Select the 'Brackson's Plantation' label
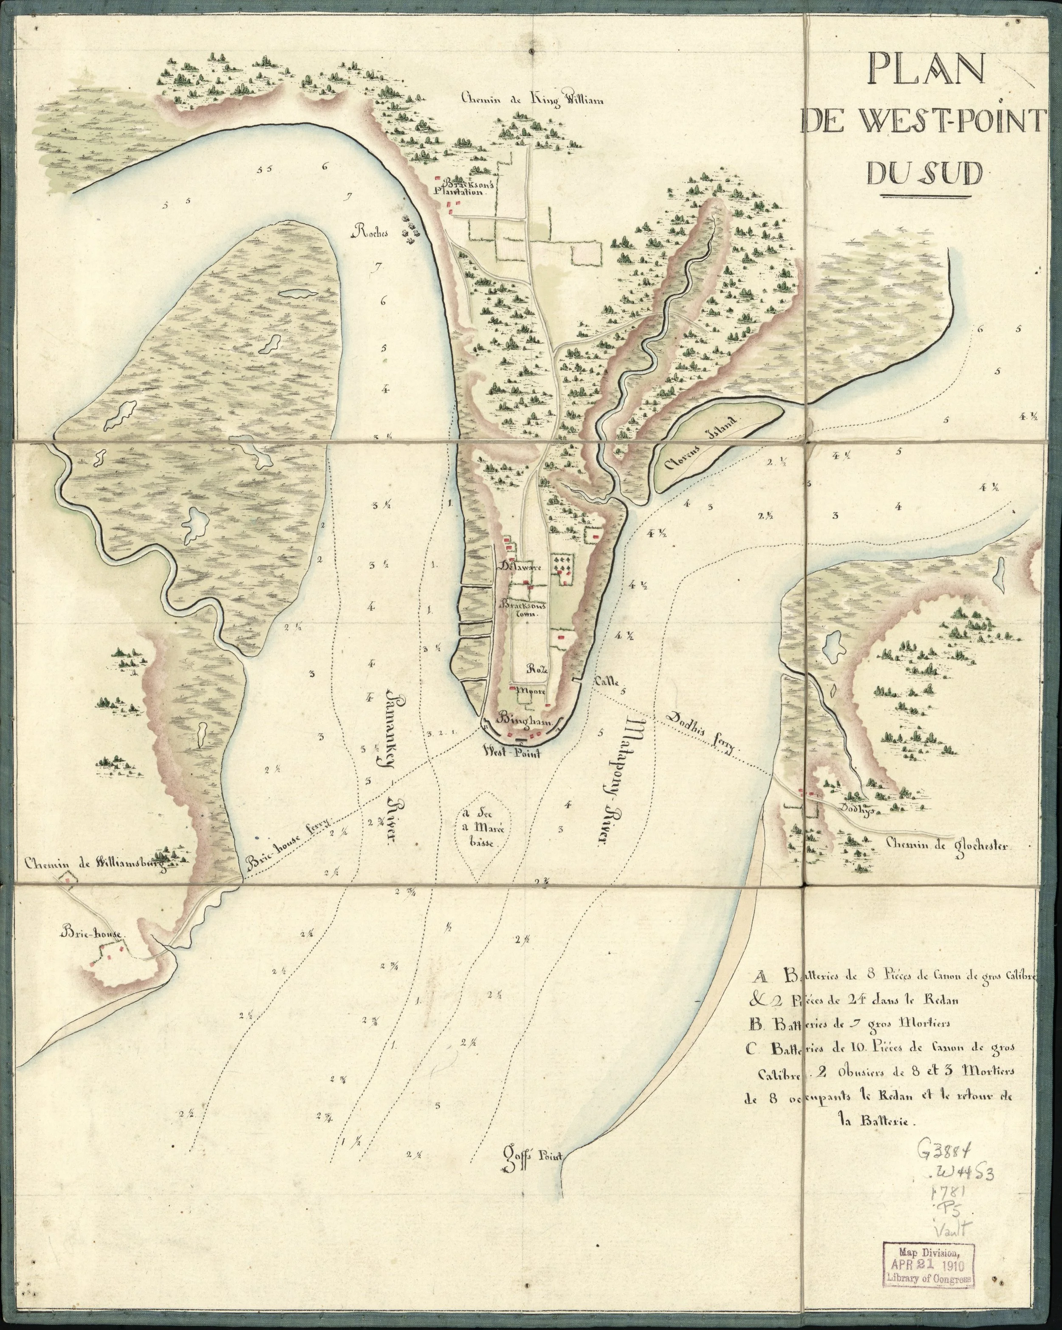pos(463,186)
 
